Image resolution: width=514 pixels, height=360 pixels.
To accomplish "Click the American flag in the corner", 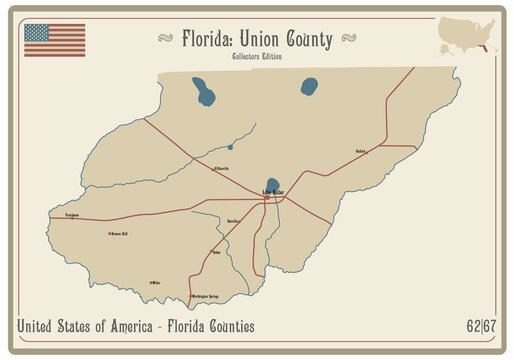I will (54, 39).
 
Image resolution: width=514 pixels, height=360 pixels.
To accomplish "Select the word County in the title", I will (310, 39).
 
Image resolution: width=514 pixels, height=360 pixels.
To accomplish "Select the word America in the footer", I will (122, 326).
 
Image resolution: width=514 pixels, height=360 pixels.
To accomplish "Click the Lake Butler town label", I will (272, 191).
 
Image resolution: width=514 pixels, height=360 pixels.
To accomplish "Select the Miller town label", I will (155, 283).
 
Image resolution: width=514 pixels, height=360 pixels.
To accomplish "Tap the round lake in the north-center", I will (309, 86).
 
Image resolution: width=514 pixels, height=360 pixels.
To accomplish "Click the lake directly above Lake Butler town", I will (273, 183).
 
